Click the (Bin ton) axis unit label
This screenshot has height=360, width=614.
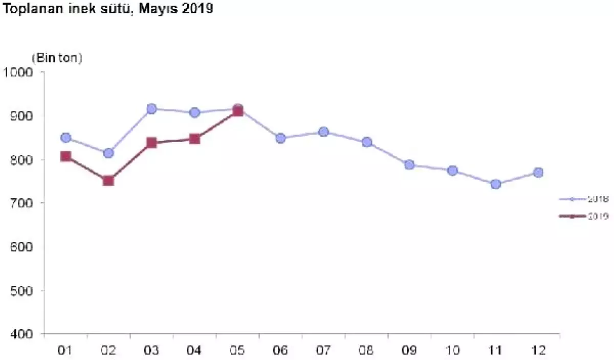(x=57, y=58)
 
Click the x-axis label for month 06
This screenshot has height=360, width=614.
(x=280, y=351)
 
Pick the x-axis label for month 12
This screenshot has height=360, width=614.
(x=538, y=351)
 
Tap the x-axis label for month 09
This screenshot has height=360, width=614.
(x=409, y=351)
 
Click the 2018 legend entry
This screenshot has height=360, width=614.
(x=583, y=199)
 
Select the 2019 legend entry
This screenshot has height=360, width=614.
(x=583, y=216)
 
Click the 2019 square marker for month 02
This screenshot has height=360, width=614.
(x=108, y=180)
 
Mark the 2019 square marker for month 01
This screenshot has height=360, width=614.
(x=65, y=156)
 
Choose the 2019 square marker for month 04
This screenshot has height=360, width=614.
(x=194, y=139)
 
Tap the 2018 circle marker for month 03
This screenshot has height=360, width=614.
(x=151, y=109)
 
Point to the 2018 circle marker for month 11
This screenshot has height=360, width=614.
(x=495, y=184)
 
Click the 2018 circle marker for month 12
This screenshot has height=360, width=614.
(x=538, y=172)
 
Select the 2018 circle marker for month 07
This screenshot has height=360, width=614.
(x=323, y=132)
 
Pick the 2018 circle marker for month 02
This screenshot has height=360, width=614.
(x=108, y=153)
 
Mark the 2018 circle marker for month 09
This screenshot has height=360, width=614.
(x=409, y=165)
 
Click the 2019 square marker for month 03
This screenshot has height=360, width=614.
(x=151, y=143)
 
